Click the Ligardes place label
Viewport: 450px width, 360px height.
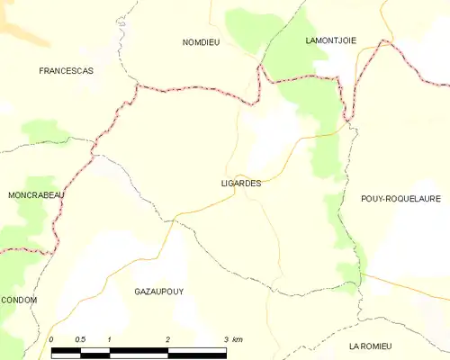[x=240, y=183]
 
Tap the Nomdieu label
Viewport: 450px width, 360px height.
[x=201, y=41]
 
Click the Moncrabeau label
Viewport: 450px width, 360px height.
[x=36, y=194]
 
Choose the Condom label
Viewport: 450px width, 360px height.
[x=19, y=300]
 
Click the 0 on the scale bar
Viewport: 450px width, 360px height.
[x=51, y=339]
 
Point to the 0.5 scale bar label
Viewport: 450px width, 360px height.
[x=81, y=339]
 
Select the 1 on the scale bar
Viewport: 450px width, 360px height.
[x=109, y=339]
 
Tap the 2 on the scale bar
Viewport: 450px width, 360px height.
[x=168, y=339]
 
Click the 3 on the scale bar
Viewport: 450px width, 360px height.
[x=226, y=339]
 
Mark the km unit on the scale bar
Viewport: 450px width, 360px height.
[x=238, y=339]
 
